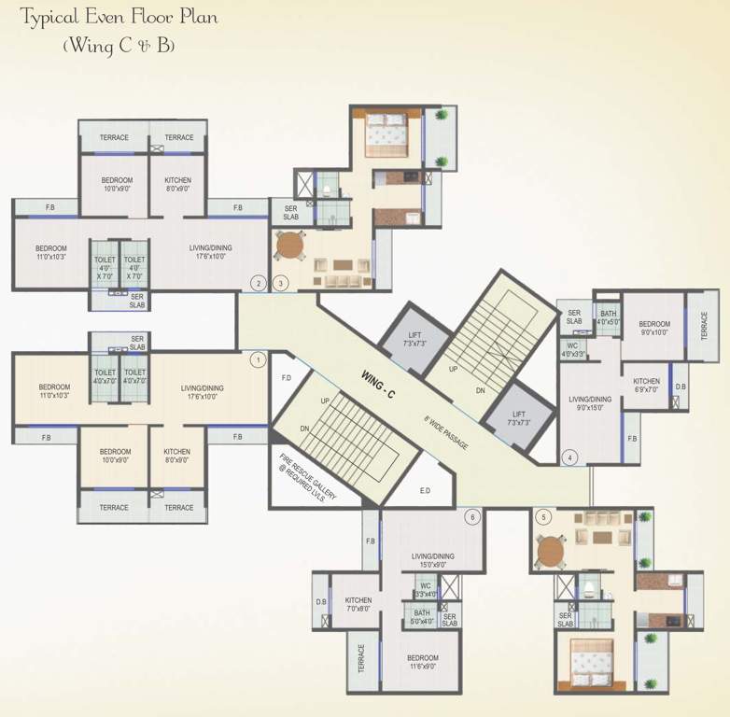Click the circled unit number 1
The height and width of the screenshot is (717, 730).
pyautogui.click(x=260, y=358)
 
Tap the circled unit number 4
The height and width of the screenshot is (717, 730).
pyautogui.click(x=570, y=457)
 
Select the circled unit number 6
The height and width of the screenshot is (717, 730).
pyautogui.click(x=472, y=517)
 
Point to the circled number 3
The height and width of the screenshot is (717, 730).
pyautogui.click(x=281, y=283)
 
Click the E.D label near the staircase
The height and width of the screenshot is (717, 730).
pyautogui.click(x=425, y=489)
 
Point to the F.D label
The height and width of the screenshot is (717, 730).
pyautogui.click(x=288, y=379)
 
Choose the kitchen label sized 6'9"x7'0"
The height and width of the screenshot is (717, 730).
pyautogui.click(x=647, y=385)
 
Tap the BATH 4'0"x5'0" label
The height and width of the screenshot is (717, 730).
pyautogui.click(x=608, y=318)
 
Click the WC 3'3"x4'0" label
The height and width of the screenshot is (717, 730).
pyautogui.click(x=425, y=589)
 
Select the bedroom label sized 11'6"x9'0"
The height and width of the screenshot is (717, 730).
pyautogui.click(x=423, y=662)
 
